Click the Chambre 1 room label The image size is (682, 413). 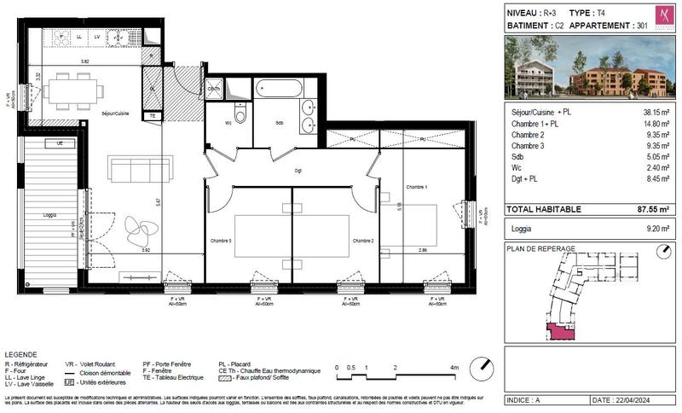point(416,187)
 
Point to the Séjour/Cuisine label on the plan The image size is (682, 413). point(115,113)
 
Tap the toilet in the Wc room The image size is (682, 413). point(241,116)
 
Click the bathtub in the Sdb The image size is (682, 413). point(286,88)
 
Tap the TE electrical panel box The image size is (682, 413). point(153,115)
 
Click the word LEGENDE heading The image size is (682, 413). point(21,354)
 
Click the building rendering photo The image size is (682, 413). point(588,71)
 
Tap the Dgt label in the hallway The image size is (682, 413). point(298,170)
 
